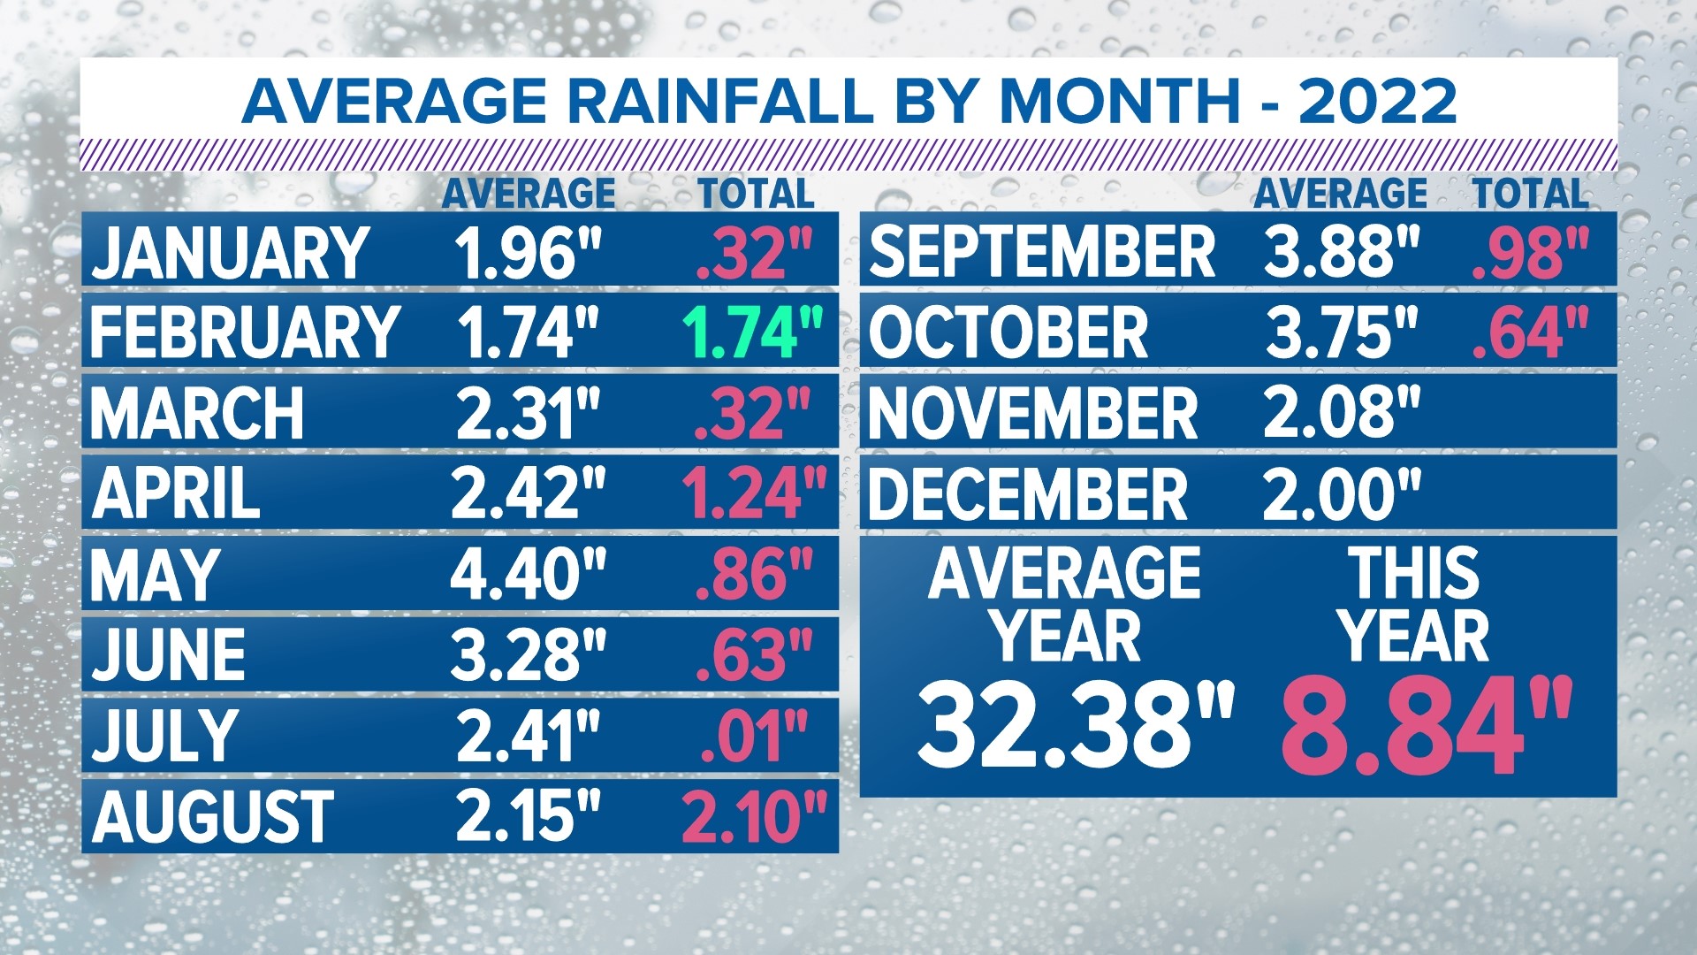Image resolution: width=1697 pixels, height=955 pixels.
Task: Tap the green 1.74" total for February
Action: coord(752,332)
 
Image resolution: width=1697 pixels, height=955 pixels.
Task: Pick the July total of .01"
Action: coord(754,736)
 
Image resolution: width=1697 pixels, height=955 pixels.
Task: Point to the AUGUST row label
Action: coord(212,816)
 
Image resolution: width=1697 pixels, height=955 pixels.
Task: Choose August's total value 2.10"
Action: coord(754,816)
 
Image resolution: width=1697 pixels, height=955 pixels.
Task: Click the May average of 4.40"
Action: coord(529,574)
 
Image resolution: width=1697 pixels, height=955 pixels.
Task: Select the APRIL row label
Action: coord(176,493)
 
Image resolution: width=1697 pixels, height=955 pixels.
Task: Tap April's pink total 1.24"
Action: coord(754,493)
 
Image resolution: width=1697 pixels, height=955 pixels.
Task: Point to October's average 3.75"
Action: coord(1342,332)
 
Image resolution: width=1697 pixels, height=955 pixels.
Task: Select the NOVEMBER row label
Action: coord(1033,413)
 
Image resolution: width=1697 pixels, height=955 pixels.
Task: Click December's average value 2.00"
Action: coord(1342,493)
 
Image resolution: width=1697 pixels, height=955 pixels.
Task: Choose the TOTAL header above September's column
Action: coord(1531,194)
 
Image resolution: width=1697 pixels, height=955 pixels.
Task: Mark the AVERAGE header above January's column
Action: coord(529,194)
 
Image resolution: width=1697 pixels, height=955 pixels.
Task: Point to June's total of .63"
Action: coord(754,655)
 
